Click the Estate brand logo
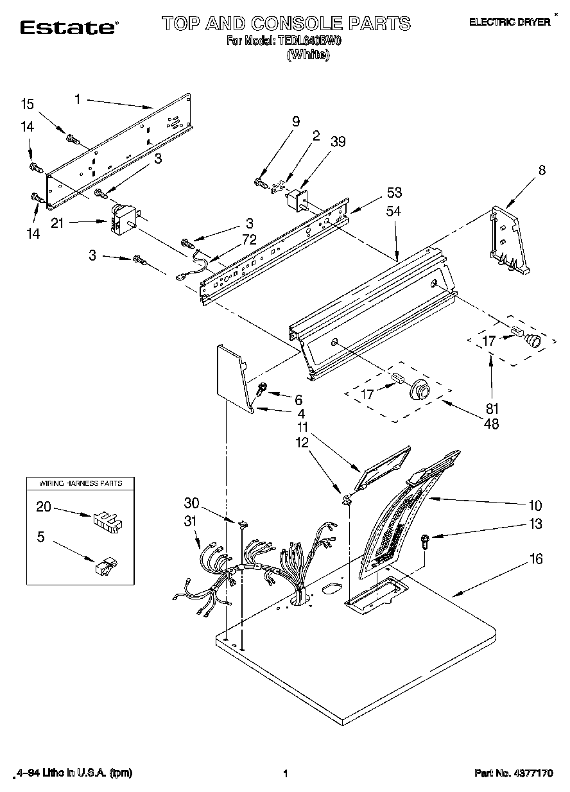click(68, 27)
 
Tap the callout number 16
click(536, 559)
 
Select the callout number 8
click(542, 170)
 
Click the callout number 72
click(249, 239)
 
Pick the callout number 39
click(338, 141)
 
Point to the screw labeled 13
click(425, 540)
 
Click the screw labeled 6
click(263, 388)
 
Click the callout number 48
click(492, 423)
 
